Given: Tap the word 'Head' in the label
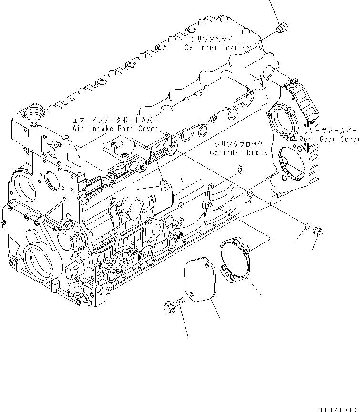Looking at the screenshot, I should (232, 48).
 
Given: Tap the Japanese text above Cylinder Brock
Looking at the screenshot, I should (237, 144).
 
